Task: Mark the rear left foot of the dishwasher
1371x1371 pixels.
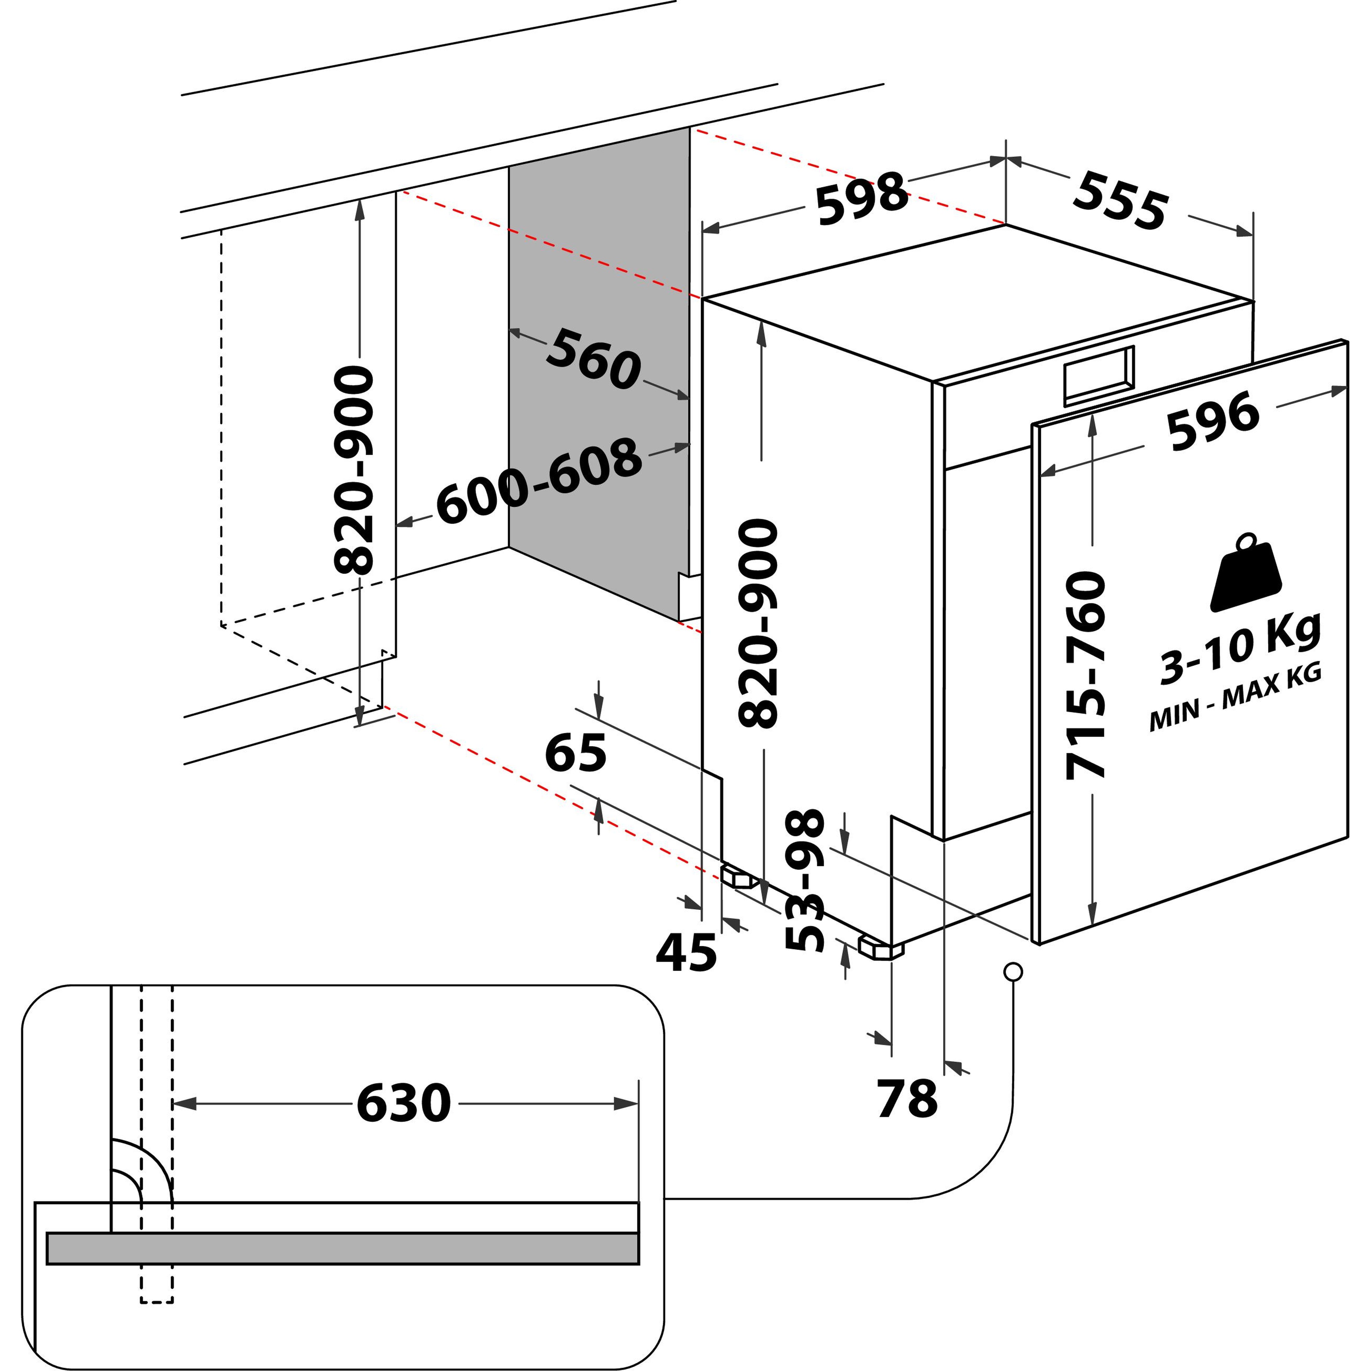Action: click(738, 878)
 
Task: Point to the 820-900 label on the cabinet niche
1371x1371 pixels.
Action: click(353, 470)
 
